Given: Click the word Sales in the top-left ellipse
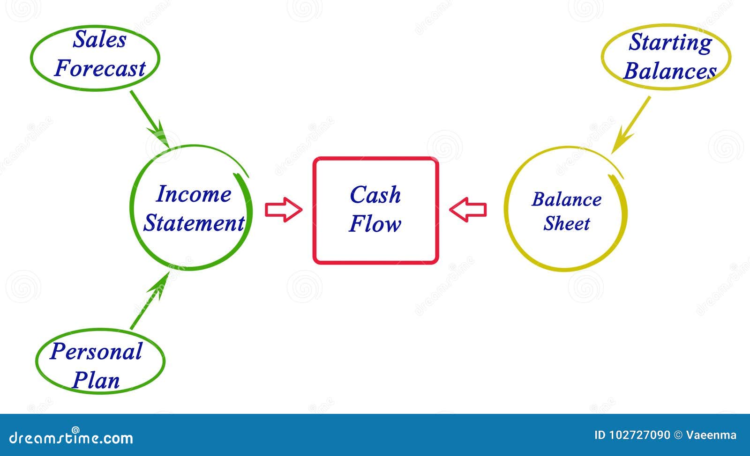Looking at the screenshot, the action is coord(99,39).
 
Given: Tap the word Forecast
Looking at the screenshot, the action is coord(100,68).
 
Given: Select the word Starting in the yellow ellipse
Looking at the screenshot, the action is coord(670,43).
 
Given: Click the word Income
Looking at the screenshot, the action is coord(194,194).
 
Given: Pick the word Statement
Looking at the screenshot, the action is coord(194,223).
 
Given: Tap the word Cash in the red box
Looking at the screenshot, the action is coord(375,195).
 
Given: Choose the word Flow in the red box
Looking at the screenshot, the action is coord(375,223).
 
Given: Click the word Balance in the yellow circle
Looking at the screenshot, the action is coord(567,199).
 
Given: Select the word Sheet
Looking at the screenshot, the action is coord(567,223).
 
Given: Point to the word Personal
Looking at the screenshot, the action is coord(96,352).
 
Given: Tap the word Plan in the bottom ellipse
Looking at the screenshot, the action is coord(96,381).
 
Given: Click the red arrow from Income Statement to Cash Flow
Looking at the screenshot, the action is coord(284,210).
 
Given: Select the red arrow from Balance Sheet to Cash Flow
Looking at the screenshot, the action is coord(468,210).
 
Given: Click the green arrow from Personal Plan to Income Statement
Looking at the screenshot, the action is coord(150,301).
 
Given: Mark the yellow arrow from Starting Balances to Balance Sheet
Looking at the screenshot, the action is coord(631,125).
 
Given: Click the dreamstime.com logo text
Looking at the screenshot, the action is coord(71,437).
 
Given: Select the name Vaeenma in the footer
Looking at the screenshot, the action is coord(711,435).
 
